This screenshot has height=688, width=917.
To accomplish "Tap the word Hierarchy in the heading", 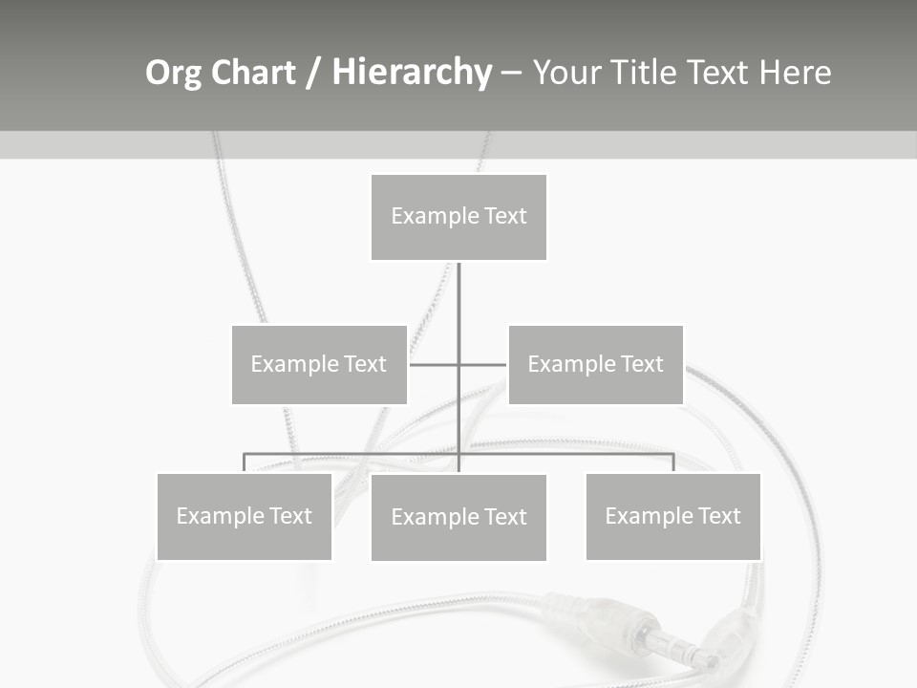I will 412,73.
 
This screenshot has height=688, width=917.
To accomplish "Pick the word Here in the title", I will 795,73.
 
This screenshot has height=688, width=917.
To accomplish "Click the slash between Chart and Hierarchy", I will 313,74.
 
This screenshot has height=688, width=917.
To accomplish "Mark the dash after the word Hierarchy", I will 511,75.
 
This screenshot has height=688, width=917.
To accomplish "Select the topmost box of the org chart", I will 458,217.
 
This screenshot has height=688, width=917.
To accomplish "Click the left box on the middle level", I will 319,364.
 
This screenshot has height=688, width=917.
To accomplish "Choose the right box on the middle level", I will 596,364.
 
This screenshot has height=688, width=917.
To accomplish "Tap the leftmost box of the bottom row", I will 245,516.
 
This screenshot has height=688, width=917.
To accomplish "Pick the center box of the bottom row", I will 458,517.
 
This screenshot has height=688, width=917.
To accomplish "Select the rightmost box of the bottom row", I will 673,516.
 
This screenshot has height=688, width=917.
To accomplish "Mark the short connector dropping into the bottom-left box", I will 245,462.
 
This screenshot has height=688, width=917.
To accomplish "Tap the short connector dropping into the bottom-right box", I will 673,462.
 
